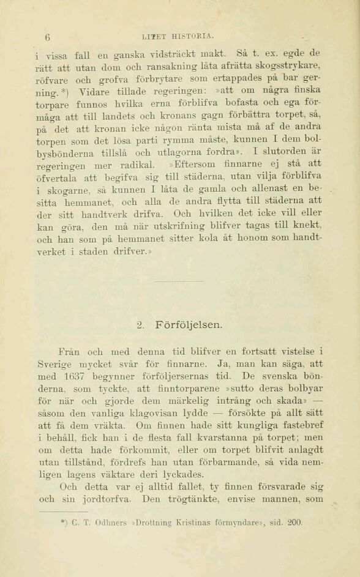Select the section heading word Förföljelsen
[190, 324]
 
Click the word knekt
[306, 226]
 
